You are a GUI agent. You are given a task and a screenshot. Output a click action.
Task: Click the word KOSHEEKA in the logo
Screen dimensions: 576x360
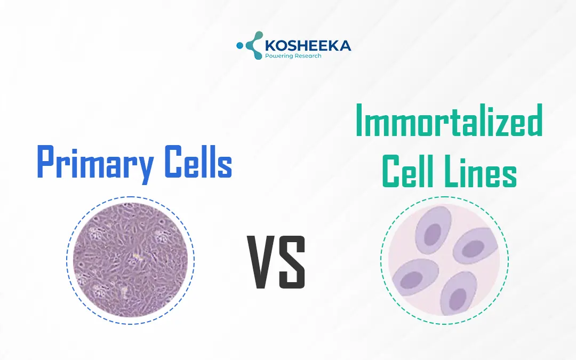pos(308,45)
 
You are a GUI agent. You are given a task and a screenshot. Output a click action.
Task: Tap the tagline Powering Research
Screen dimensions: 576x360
pos(293,56)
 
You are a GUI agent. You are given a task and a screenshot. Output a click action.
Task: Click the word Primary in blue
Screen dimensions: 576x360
pos(95,162)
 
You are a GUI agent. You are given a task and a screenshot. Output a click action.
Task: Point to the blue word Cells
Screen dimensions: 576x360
pos(198,162)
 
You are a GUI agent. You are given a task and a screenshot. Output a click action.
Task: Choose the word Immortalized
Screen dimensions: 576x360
pos(449,120)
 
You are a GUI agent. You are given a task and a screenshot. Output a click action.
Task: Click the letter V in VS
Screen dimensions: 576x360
pos(261,261)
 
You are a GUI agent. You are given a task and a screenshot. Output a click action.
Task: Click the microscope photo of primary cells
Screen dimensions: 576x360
pos(131,260)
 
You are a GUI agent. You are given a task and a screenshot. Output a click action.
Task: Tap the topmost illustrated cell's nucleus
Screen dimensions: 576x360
pos(433,234)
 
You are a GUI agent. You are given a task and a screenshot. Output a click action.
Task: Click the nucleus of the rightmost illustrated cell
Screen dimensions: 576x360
pos(473,249)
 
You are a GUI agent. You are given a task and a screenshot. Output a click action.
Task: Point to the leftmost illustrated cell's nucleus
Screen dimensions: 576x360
pos(411,280)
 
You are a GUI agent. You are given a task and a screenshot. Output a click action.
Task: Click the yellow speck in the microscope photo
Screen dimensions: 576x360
pos(137,257)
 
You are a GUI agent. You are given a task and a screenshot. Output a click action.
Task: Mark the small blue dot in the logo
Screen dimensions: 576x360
pos(240,45)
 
